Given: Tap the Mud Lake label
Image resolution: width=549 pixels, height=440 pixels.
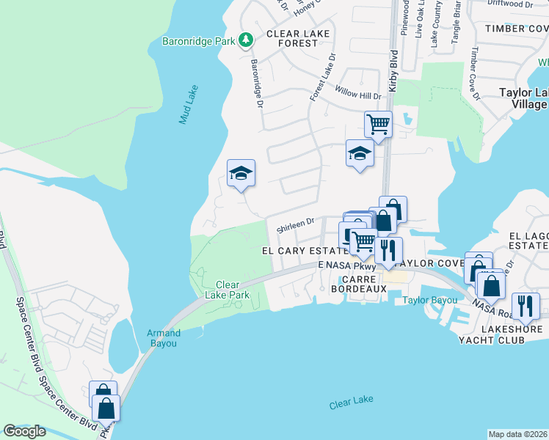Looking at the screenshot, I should click(x=189, y=105).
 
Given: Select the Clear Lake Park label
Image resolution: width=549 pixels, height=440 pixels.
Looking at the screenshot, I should click(x=233, y=290).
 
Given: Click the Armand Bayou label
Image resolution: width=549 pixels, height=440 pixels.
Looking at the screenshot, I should click(x=164, y=337).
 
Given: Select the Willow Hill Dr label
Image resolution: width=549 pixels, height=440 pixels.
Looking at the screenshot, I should click(x=358, y=95).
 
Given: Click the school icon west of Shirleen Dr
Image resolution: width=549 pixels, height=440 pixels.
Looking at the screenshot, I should click(x=241, y=174).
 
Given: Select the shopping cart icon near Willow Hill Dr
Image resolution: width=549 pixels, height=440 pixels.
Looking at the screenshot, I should click(x=378, y=123).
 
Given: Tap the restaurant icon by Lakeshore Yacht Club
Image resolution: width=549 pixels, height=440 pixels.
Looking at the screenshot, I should click(x=525, y=305).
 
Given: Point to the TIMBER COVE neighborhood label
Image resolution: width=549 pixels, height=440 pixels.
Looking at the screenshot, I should click(x=515, y=29).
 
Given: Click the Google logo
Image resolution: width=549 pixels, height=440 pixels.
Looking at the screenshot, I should click(x=25, y=431).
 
